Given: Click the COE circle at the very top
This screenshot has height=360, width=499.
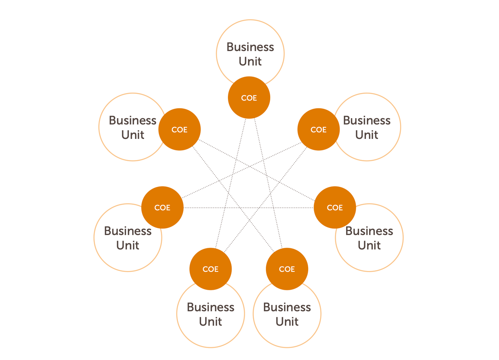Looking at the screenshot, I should point(249,98).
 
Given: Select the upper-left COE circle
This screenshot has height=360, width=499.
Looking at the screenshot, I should point(179,129).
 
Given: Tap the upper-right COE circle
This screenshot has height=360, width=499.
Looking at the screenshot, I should point(319,129).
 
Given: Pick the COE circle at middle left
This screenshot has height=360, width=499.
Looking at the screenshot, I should point(162,208).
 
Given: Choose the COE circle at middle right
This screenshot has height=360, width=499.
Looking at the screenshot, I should point(335,208).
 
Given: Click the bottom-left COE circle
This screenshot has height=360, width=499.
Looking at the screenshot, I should point(210,269).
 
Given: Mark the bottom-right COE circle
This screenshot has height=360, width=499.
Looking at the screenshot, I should point(287,269).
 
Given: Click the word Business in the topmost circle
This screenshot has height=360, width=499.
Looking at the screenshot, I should point(250,47).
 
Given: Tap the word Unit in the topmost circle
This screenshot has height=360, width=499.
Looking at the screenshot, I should point(250,61).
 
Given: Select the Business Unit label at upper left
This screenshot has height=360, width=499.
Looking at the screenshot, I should point(133,127).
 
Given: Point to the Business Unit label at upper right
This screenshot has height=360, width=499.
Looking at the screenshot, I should point(367,127).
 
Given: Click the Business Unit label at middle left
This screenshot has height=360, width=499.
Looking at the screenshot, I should point(128,238).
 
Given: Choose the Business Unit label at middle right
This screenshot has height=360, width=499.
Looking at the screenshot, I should point(369,238).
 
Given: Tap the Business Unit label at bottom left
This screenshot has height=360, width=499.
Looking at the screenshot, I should point(210,314).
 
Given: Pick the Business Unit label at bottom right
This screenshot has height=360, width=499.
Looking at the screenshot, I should point(287,314).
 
